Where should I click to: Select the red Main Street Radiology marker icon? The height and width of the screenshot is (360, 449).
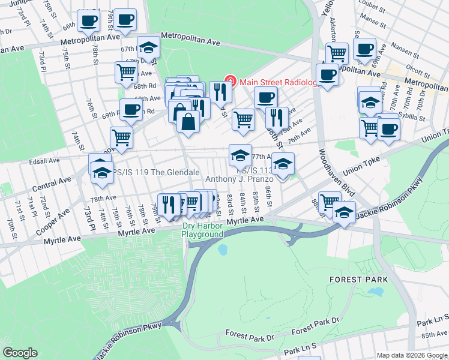[x=228, y=80]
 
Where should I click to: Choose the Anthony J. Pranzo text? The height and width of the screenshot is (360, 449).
[x=240, y=179]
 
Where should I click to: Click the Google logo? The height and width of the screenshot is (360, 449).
[x=20, y=353]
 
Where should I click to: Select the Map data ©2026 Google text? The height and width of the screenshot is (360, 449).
[x=412, y=355]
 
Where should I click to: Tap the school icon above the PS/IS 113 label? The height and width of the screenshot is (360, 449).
[x=240, y=155]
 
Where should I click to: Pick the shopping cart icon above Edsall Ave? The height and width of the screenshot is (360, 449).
[x=122, y=137]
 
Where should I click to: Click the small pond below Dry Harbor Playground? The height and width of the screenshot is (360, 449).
[x=223, y=248]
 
